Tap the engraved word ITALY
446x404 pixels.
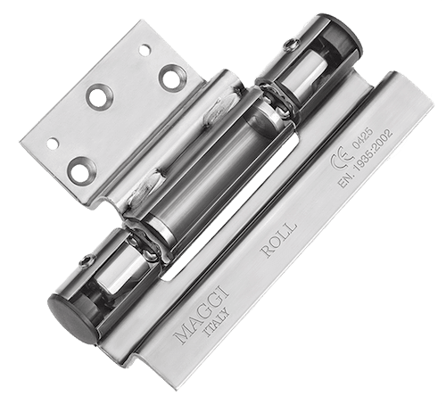coord(217,323)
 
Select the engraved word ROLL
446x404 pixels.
coord(279,239)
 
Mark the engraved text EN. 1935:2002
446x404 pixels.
coord(366,158)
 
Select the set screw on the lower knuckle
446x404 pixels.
coord(87,261)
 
